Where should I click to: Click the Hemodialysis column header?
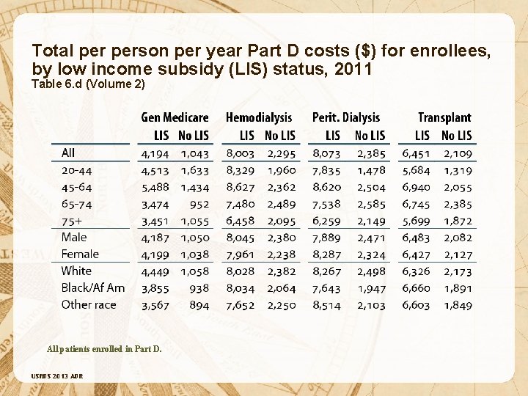point(259,118)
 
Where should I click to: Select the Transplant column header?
point(444,118)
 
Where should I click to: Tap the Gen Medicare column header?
point(175,118)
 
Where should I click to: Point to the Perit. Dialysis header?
point(346,118)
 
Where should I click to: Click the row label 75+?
point(72,221)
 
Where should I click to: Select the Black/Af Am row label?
point(93,288)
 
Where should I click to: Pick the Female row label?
point(80,254)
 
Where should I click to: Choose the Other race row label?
point(89,305)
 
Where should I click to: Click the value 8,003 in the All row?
point(241,154)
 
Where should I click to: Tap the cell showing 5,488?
point(155,188)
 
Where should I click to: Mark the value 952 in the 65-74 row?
point(199,205)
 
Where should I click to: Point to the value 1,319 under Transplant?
point(458,171)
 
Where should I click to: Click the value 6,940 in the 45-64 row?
point(416,188)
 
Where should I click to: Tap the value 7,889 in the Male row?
point(326,238)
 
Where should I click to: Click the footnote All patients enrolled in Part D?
point(104,348)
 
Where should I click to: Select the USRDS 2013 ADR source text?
point(57,377)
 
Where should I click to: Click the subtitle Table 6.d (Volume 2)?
point(88,84)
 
